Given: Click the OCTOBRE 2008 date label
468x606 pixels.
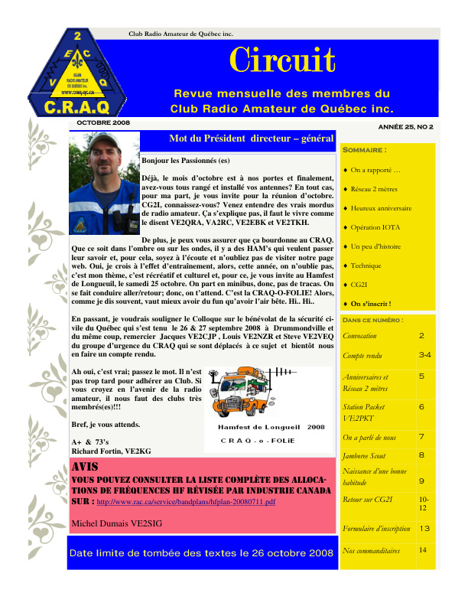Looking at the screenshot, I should [103, 122].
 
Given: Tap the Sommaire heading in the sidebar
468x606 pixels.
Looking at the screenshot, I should [365, 150].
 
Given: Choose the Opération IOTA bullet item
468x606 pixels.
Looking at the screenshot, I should [375, 227].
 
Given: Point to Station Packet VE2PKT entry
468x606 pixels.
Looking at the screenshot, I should [368, 412].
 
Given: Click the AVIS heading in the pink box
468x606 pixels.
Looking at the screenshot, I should [84, 467].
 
